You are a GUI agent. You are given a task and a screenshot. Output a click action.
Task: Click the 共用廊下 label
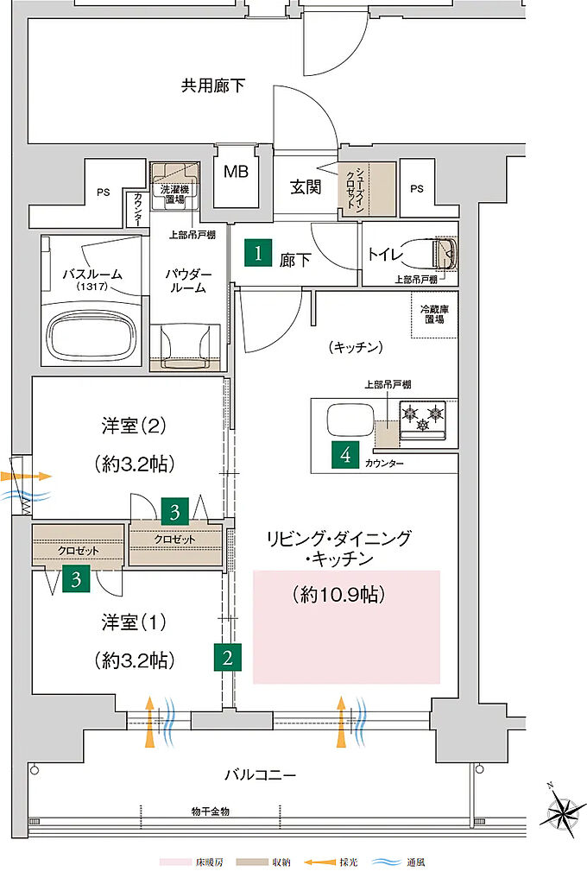pos(212,85)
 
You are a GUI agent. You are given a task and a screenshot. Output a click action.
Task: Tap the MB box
pos(236,172)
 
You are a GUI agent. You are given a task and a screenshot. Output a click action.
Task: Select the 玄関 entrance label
pos(306,186)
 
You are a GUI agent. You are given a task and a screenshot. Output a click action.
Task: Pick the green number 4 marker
pos(346,456)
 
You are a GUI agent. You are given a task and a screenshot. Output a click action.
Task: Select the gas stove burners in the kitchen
pos(424,419)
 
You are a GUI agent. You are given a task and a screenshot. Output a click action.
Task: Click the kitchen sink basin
pos(349,421)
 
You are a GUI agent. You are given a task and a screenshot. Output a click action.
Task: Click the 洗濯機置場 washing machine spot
pos(175,189)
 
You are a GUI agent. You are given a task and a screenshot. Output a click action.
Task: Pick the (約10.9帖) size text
pos(338,594)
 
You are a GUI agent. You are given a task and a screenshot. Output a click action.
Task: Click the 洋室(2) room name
pos(134,426)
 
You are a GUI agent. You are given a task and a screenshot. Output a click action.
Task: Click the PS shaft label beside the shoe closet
pos(417,188)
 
